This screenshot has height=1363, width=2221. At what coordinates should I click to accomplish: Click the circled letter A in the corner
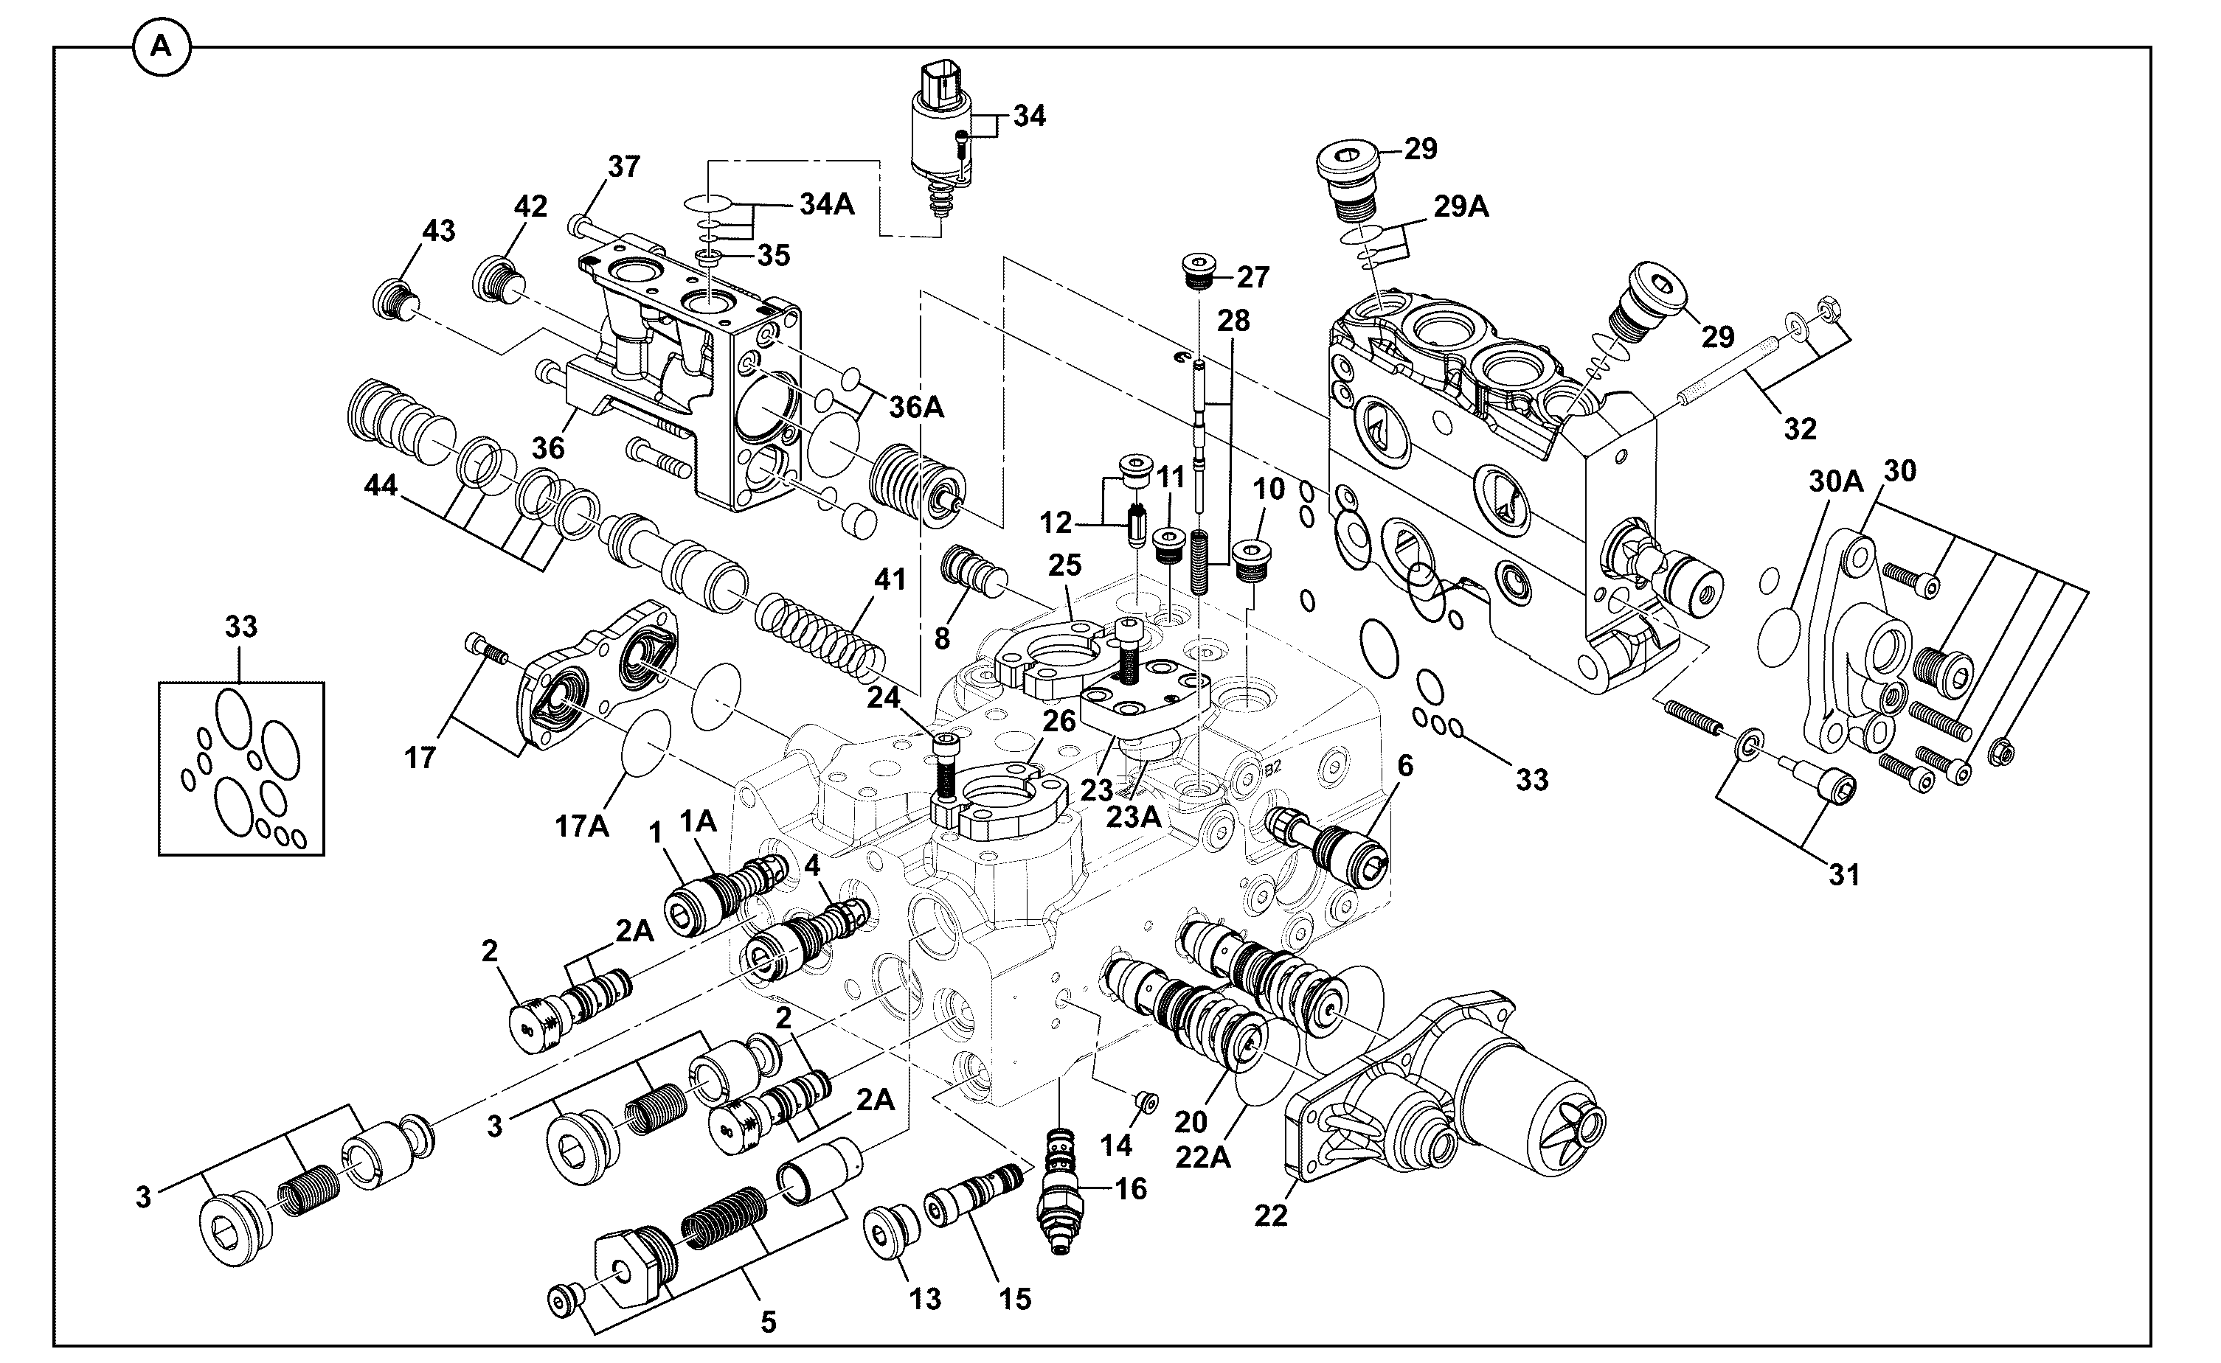162,47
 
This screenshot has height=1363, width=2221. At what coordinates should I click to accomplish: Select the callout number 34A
827,205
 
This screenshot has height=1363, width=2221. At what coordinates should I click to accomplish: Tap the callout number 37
624,167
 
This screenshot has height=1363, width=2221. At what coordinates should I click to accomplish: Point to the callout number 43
439,231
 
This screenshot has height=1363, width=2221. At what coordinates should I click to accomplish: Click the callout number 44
381,486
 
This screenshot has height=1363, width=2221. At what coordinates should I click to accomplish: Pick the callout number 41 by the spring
890,579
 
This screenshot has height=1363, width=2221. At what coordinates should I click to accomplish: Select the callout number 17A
582,826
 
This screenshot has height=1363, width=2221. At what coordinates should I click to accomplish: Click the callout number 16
1131,1189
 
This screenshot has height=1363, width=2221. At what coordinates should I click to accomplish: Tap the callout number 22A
1203,1157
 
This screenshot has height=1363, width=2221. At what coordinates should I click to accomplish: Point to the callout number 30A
1836,481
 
